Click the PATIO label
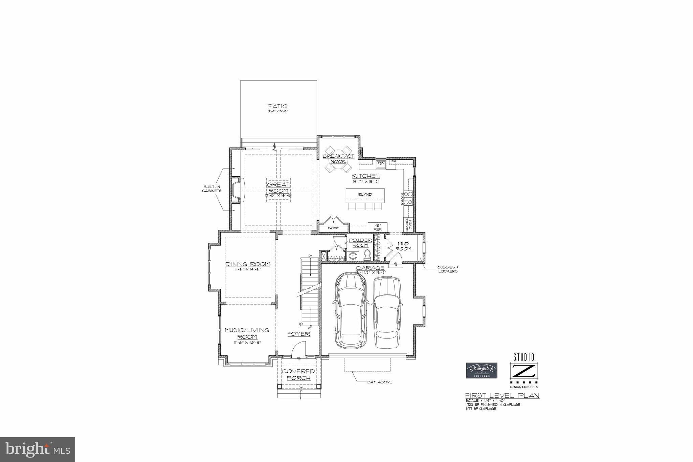(278, 106)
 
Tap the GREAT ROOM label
(278, 188)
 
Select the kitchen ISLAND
(365, 195)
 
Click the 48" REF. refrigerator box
(377, 227)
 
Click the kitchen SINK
(381, 163)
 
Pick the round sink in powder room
(353, 256)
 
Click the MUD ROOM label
(404, 246)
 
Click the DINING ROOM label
(248, 264)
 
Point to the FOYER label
(298, 334)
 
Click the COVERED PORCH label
(298, 375)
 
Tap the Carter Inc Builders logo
(482, 370)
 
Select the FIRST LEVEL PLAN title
(502, 395)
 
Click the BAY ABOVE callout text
(379, 382)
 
